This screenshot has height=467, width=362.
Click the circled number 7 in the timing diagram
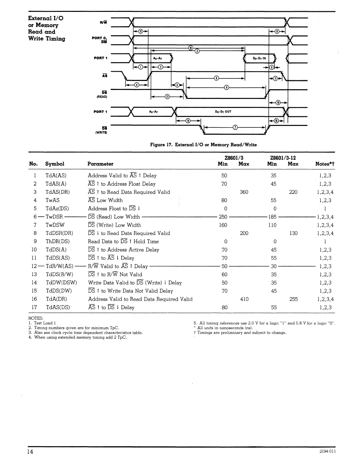[x=235, y=127]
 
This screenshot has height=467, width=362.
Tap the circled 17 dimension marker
[x=167, y=97]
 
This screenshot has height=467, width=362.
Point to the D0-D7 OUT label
[x=223, y=112]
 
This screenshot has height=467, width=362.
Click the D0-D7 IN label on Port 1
[x=259, y=58]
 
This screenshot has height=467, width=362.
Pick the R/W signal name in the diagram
[x=103, y=23]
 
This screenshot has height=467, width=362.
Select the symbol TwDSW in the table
[x=55, y=225]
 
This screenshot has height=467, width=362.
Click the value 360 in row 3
[x=244, y=192]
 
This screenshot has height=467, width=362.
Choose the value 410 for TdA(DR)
[x=244, y=299]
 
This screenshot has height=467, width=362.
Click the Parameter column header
[x=100, y=164]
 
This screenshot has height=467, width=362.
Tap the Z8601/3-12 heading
[x=283, y=158]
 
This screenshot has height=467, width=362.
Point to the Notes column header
[x=325, y=164]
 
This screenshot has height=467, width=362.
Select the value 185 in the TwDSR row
[x=272, y=217]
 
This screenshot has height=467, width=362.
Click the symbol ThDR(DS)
[x=57, y=241]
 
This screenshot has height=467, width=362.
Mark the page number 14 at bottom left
[x=31, y=452]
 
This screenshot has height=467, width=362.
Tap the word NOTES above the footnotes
[x=36, y=318]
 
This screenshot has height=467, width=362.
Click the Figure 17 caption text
[x=203, y=145]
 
